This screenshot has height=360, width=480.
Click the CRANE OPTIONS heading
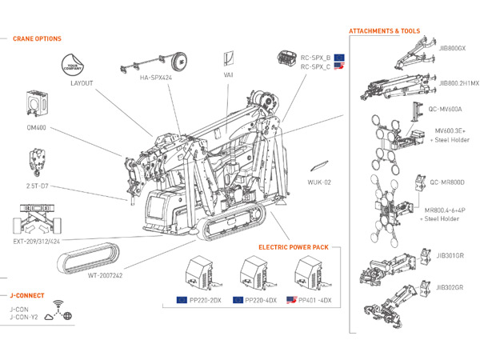pos(38,38)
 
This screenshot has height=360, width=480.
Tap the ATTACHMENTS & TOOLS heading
pos(384,31)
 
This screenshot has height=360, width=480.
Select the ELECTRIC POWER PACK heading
pos(293,247)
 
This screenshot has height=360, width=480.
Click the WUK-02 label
pos(319,182)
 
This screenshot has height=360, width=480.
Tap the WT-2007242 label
pos(106,275)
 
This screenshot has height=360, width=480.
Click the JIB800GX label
pos(452,47)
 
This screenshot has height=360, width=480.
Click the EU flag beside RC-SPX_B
pos(340,58)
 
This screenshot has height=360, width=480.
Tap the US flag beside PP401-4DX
pos(292,300)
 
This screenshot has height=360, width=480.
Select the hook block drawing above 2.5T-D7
pos(35,160)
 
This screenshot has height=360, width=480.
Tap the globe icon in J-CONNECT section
pos(68,316)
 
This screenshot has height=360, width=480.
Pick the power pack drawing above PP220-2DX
pos(198,274)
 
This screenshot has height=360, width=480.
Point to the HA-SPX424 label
pos(157,78)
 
